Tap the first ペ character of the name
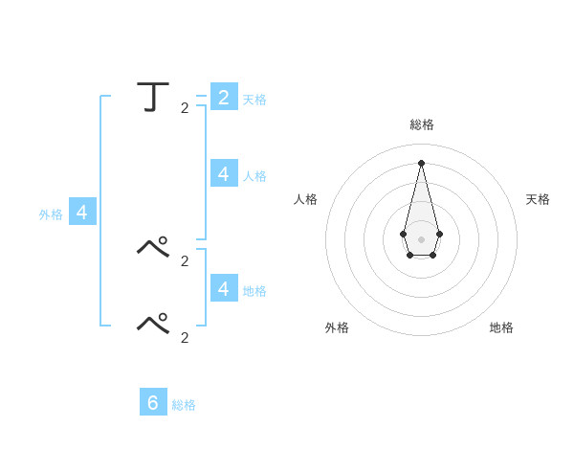154,248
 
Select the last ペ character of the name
154,324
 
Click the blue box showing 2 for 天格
224,97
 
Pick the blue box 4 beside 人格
224,173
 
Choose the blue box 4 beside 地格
224,287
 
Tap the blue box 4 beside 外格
82,213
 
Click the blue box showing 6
153,402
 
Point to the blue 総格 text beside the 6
184,405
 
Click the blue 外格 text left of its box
51,214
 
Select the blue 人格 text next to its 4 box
254,176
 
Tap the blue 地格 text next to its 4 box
254,290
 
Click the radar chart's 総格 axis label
422,124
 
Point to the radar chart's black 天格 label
538,199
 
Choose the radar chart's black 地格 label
501,327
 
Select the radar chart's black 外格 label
337,327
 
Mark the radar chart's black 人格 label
305,199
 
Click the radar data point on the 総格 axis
421,162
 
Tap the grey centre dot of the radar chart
421,238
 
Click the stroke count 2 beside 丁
185,108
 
